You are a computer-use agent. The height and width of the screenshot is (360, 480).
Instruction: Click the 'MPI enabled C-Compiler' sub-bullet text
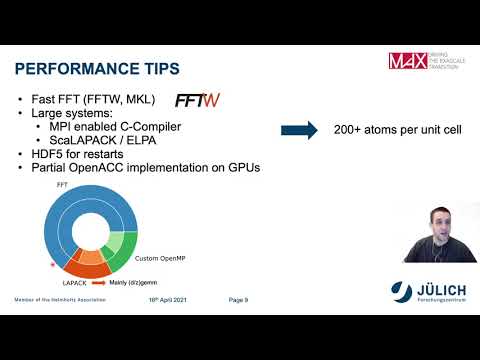[114, 127]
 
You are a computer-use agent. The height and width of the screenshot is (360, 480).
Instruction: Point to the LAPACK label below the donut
[62, 283]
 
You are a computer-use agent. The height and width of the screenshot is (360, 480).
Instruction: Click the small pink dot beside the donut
[53, 266]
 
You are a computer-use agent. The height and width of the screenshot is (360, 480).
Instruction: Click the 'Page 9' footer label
[238, 299]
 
